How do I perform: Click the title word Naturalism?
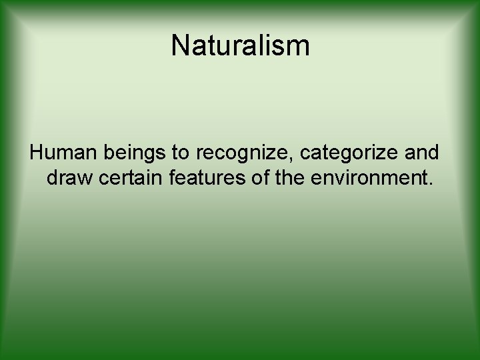coord(240,46)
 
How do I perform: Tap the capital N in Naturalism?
coord(180,46)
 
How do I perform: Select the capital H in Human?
coord(36,153)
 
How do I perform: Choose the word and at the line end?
coord(422,153)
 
